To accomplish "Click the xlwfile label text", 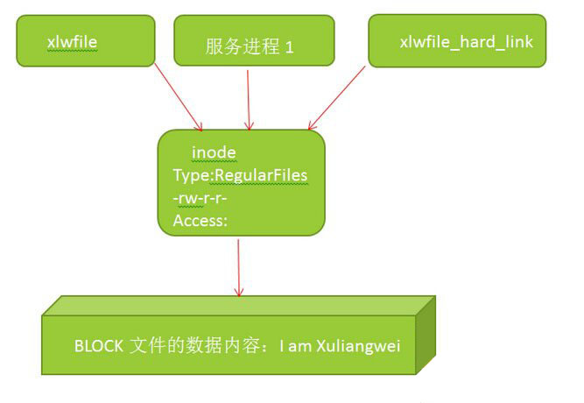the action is click(73, 42).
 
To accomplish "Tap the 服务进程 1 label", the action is click(250, 46).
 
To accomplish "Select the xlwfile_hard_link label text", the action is click(467, 42).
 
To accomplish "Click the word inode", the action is click(214, 152).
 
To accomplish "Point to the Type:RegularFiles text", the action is click(240, 175).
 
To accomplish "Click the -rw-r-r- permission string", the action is click(200, 198).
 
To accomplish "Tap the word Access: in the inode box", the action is click(200, 221).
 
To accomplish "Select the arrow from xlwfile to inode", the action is click(179, 97).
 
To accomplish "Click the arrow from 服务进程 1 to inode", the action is click(249, 100).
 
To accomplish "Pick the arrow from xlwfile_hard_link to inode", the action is click(336, 98).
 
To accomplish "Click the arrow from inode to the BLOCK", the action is click(239, 268).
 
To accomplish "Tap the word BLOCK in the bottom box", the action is click(99, 346).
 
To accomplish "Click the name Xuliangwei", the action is click(358, 346).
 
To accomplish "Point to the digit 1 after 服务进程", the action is click(290, 47).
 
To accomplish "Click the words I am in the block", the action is click(295, 346).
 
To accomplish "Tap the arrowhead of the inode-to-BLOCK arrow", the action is click(239, 292).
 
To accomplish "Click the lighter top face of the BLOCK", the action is click(238, 306).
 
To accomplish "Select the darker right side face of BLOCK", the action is click(426, 336).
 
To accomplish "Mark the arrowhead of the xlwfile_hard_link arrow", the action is click(312, 125).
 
